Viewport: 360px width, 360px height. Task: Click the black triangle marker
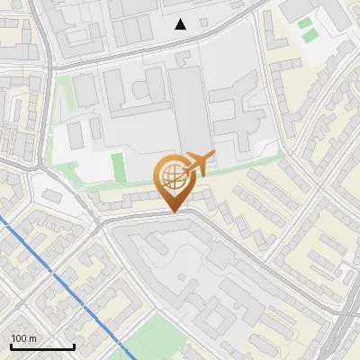[x=181, y=24]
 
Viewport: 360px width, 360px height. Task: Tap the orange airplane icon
[x=199, y=164]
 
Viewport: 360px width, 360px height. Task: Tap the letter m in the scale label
[x=33, y=338]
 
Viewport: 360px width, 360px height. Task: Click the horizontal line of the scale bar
[x=41, y=346]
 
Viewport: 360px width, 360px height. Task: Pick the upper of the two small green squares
[x=305, y=22]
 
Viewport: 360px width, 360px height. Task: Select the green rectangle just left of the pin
[x=117, y=166]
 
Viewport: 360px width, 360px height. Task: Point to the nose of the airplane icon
[x=213, y=157]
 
